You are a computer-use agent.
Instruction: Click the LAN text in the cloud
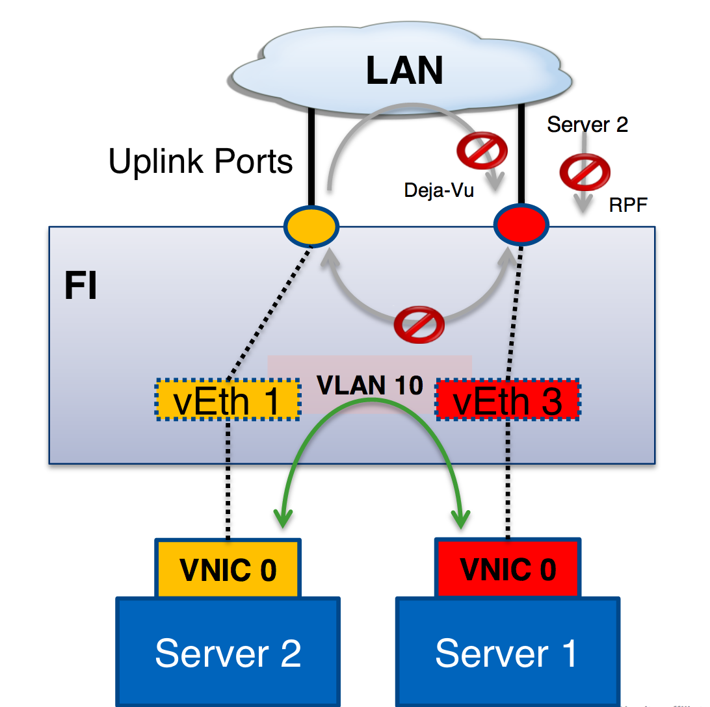pos(404,70)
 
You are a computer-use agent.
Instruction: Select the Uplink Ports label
pos(200,161)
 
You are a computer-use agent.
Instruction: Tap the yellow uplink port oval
pos(311,226)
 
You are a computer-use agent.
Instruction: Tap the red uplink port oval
pos(521,225)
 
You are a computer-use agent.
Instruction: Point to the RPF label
pos(628,206)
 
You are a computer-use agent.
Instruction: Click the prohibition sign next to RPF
pos(585,172)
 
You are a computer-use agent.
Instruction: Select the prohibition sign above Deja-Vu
pos(482,151)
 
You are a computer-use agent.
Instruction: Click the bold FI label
pos(81,287)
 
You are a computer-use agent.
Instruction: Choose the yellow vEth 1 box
pos(227,400)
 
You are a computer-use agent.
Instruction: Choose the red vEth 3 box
pos(508,400)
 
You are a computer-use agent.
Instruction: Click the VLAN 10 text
pos(369,385)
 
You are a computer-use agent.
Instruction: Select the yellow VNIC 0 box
pos(228,569)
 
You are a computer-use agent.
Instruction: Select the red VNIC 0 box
pos(508,568)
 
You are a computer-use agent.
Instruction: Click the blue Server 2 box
pos(228,652)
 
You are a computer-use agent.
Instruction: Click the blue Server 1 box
pos(507,652)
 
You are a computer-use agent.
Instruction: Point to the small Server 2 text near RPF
pos(587,124)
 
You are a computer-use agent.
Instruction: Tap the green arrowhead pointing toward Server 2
pos(282,518)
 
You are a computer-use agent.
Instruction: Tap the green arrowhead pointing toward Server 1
pos(461,518)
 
